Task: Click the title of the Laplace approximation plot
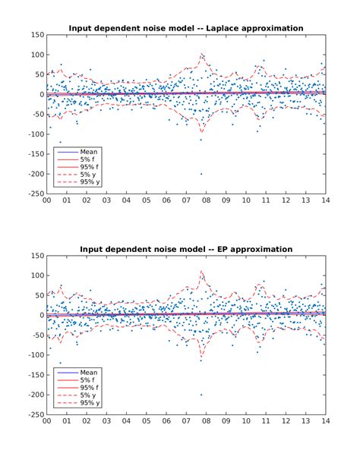(186, 28)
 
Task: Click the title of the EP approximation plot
(186, 249)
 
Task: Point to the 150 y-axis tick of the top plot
(36, 35)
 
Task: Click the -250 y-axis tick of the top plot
(33, 194)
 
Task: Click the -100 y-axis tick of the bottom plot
(33, 355)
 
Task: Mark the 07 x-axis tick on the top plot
(186, 201)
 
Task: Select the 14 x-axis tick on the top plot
(325, 201)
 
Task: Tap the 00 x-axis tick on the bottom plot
(47, 422)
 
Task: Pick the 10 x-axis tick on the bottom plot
(245, 422)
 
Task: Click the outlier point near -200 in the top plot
(201, 174)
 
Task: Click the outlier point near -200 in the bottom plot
(201, 395)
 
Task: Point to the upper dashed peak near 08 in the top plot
(202, 55)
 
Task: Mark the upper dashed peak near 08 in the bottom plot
(202, 271)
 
